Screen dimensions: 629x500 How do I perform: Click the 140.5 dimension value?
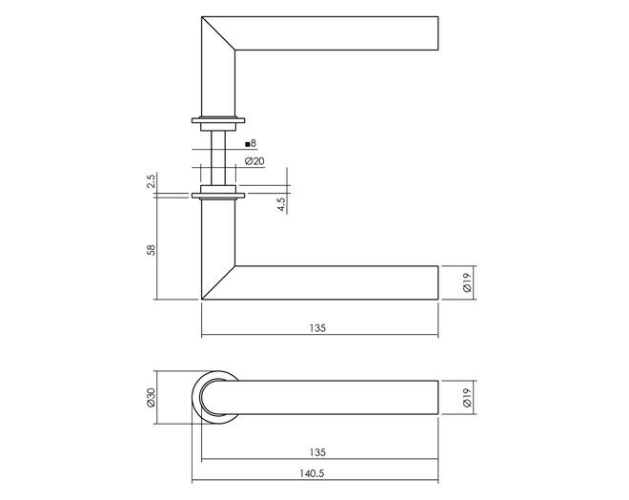pos(312,473)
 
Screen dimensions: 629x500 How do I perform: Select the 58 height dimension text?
pos(152,250)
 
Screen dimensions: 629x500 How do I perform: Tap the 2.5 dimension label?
pos(151,181)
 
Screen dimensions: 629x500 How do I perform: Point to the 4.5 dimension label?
pos(281,204)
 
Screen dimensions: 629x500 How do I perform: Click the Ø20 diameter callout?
pos(254,161)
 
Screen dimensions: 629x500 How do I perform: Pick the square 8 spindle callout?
pos(251,143)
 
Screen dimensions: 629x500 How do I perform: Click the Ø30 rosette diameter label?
pos(151,398)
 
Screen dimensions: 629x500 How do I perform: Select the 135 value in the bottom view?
pos(317,452)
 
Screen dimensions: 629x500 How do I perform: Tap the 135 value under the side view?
pos(317,328)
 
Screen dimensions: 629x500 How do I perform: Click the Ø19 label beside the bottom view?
pos(467,398)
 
